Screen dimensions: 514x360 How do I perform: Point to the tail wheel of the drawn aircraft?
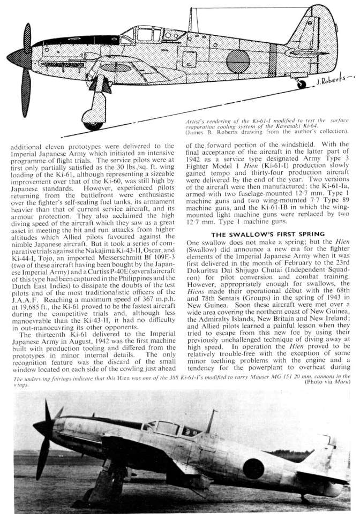[x=301, y=85]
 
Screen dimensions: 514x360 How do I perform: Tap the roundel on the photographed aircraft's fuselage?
[x=253, y=468]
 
